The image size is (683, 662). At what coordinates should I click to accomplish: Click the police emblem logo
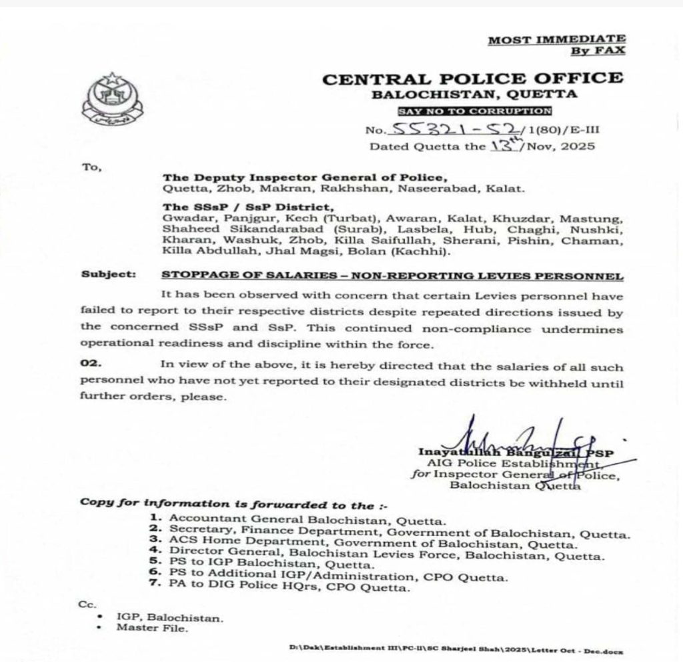[111, 101]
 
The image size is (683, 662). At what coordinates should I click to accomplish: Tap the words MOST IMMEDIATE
[557, 40]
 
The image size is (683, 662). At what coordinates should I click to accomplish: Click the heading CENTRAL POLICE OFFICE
[473, 79]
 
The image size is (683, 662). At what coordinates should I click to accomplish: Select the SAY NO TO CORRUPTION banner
[474, 111]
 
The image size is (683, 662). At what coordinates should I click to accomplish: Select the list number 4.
[154, 553]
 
